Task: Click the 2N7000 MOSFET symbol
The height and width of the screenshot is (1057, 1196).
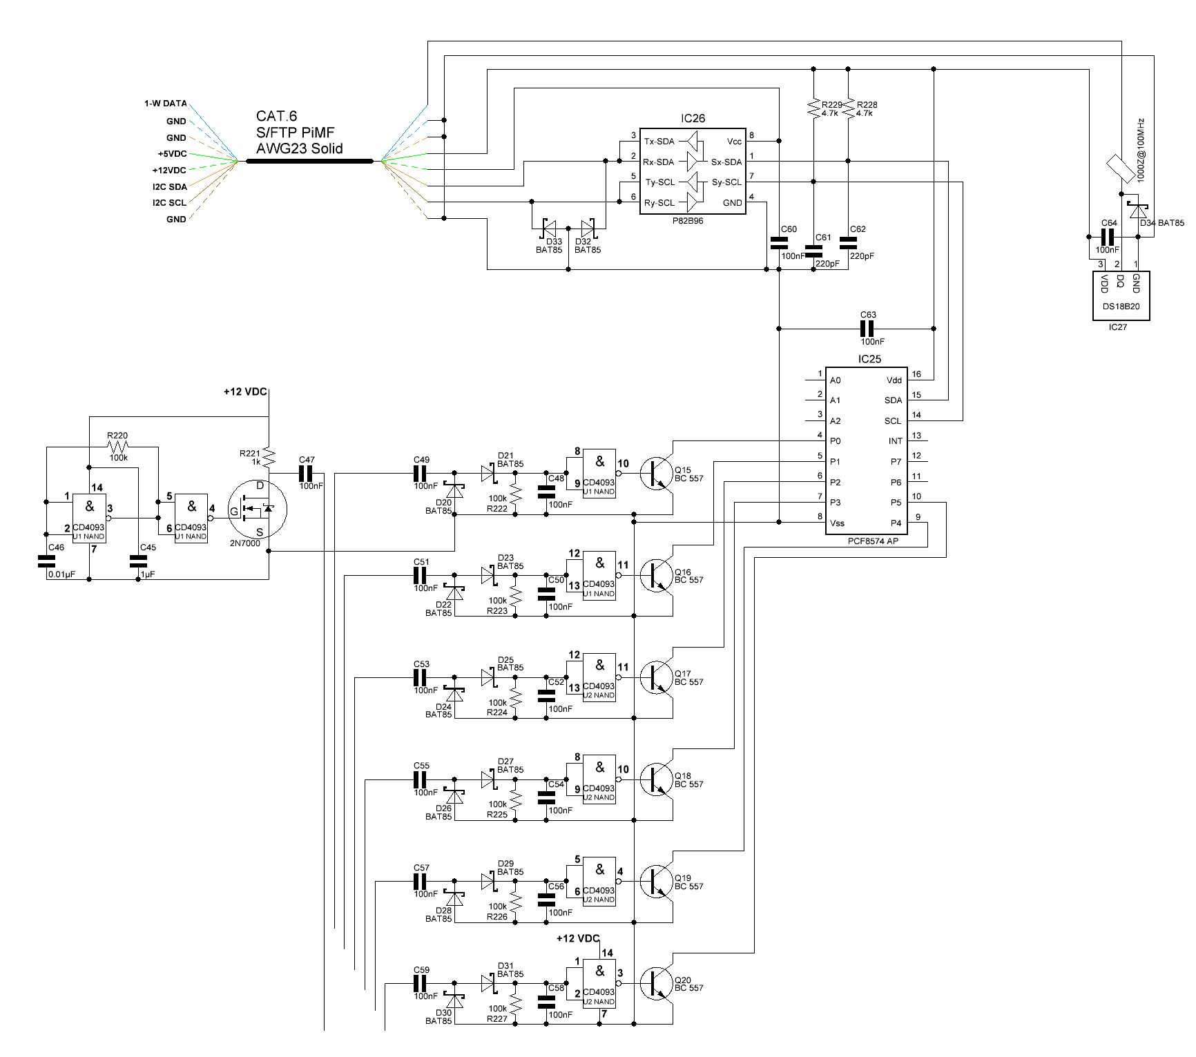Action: (x=258, y=510)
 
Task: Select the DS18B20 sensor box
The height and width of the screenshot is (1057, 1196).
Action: (x=1121, y=295)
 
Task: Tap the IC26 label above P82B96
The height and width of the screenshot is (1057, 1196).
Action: (x=693, y=118)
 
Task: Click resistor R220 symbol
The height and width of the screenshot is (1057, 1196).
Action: (x=118, y=447)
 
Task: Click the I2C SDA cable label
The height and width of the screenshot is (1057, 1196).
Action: (x=170, y=186)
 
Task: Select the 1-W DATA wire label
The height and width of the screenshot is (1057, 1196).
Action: (x=165, y=103)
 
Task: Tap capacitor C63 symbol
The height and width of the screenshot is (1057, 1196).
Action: (x=868, y=328)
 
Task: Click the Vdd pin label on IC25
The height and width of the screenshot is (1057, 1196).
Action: (x=894, y=380)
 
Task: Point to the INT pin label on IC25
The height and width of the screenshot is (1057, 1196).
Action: (x=895, y=441)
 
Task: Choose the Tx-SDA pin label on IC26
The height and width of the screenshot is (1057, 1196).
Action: (x=659, y=142)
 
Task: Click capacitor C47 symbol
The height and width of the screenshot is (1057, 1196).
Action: (x=306, y=474)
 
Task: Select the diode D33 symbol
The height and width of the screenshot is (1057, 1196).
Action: (x=550, y=227)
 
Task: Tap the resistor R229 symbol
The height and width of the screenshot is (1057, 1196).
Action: (x=813, y=107)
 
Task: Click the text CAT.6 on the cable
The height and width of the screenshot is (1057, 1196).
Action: (x=276, y=117)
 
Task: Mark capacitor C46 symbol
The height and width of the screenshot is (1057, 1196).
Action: (x=47, y=561)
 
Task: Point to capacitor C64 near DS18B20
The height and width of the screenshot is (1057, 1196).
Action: (x=1108, y=237)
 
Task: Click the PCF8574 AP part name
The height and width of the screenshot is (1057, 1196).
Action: (x=873, y=541)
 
